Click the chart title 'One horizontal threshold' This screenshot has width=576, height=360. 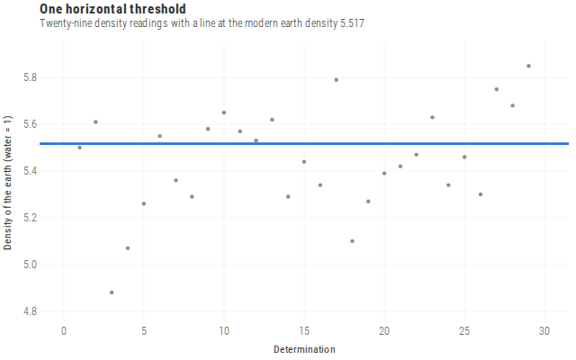pos(112,9)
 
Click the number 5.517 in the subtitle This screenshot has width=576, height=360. pos(352,23)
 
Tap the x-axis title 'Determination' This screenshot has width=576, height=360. pos(304,349)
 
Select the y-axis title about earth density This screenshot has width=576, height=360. pos(8,183)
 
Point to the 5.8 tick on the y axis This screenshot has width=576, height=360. pos(30,77)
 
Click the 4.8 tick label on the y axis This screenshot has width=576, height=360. pos(30,311)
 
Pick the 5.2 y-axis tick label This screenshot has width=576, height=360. pos(30,218)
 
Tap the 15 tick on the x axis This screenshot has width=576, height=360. pos(304,331)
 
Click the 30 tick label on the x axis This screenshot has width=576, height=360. pos(544,331)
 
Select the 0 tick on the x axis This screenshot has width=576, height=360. pos(64,331)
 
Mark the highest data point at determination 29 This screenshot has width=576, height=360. pos(528,66)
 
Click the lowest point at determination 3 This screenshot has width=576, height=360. pos(112,292)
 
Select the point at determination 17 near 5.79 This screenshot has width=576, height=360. pos(336,80)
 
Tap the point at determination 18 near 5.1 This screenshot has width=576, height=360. pos(352,241)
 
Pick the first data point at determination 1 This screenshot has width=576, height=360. pos(80,148)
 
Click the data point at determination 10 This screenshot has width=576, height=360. pos(224,112)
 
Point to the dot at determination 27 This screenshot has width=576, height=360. pos(497,89)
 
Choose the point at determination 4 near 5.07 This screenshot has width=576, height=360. pos(128,248)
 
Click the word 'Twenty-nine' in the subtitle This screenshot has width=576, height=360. pos(66,23)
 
